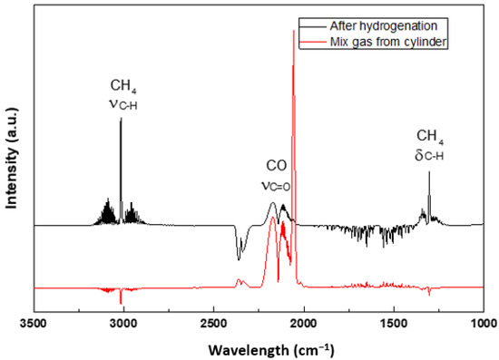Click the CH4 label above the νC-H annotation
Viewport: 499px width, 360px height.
point(123,86)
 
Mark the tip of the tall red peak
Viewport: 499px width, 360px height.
point(293,30)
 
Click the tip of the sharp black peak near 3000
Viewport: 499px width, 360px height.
point(121,119)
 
